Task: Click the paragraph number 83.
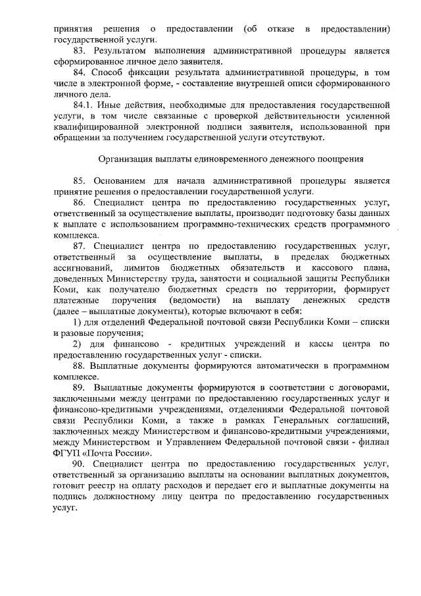click(x=80, y=51)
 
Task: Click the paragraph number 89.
click(x=80, y=387)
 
